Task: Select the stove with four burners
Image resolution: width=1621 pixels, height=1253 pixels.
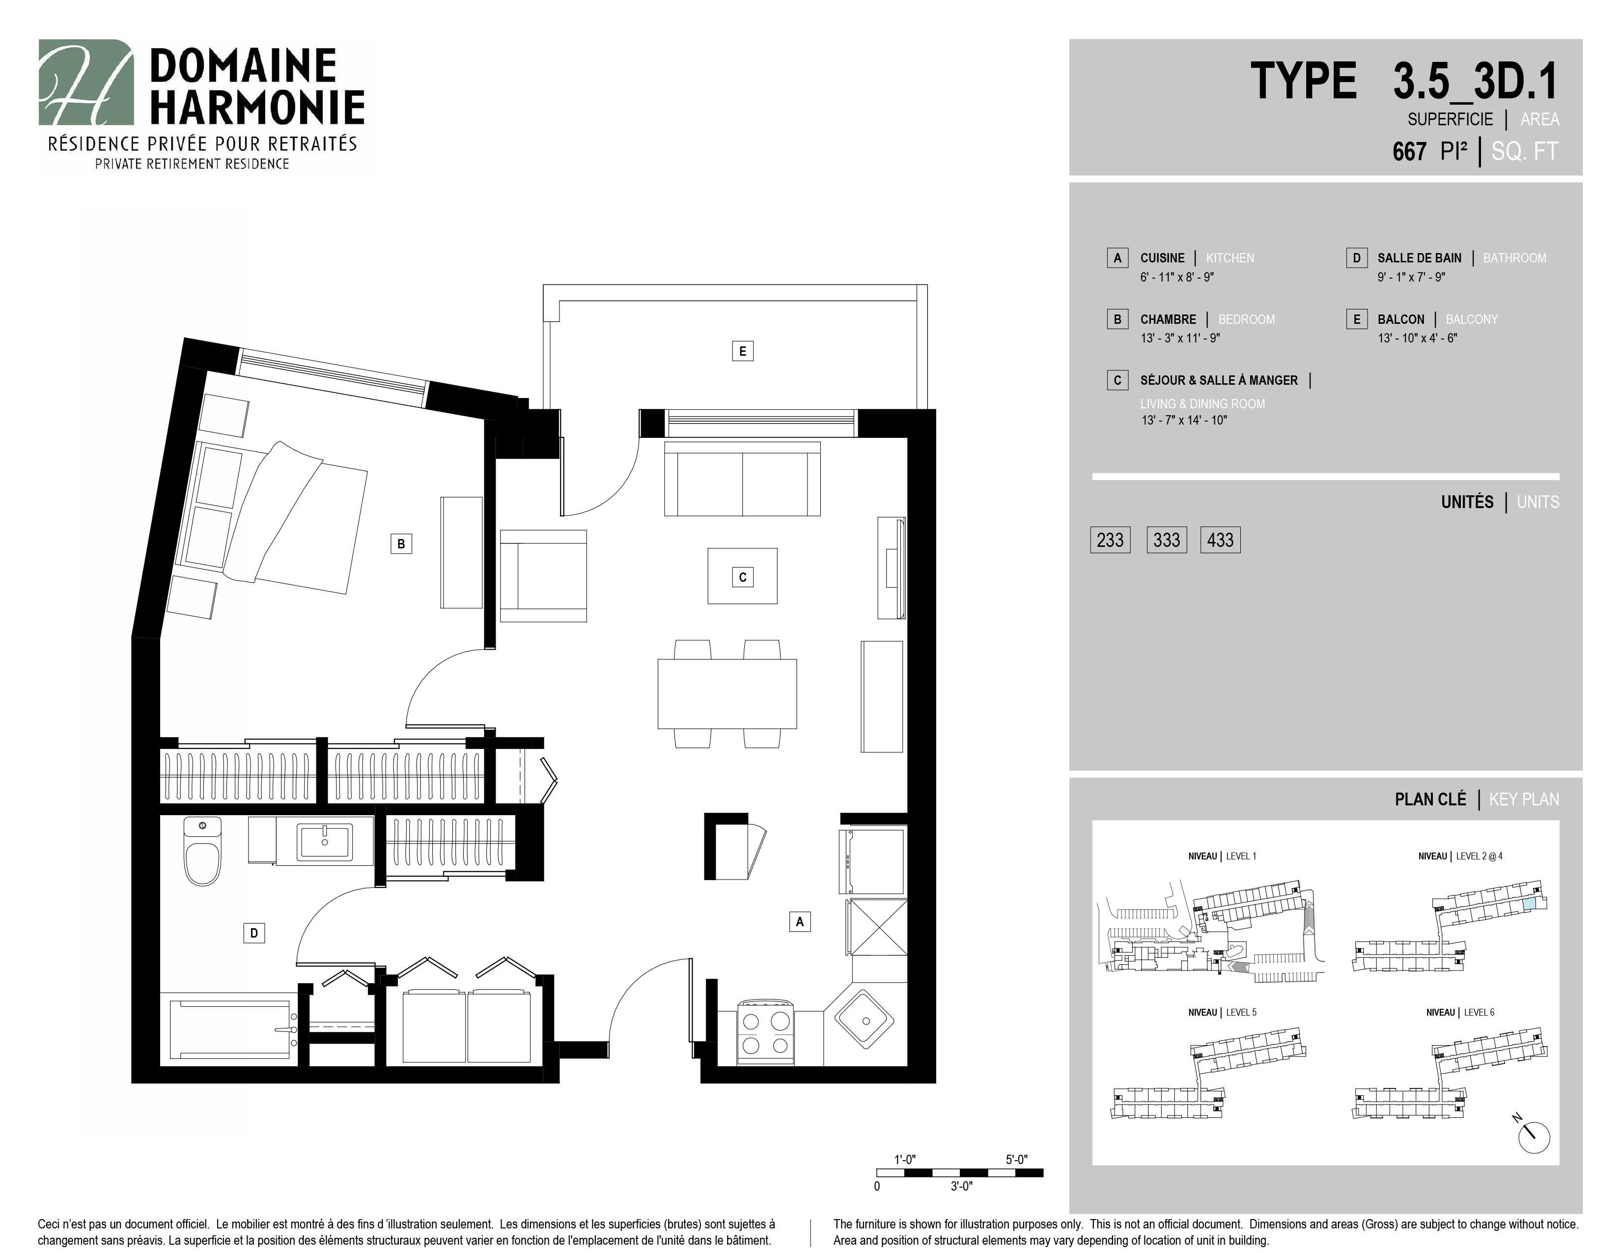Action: tap(766, 1033)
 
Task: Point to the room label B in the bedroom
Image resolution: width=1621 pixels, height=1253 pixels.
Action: tap(401, 543)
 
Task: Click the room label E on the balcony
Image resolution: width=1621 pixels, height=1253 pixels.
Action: tap(742, 351)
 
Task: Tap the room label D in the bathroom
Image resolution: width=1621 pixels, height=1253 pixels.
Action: tap(254, 933)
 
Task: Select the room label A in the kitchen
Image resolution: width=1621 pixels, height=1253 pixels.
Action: tap(799, 922)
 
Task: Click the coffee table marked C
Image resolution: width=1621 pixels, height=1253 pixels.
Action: tap(742, 576)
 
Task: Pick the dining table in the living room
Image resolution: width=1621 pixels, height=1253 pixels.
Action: tap(727, 693)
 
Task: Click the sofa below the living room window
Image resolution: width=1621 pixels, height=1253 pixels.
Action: tap(742, 479)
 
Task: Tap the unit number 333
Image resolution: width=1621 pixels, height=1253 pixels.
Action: tap(1167, 540)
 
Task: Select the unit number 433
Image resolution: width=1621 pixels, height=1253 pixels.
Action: tap(1220, 540)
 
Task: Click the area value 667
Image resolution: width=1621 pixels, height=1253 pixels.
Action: tap(1409, 151)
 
